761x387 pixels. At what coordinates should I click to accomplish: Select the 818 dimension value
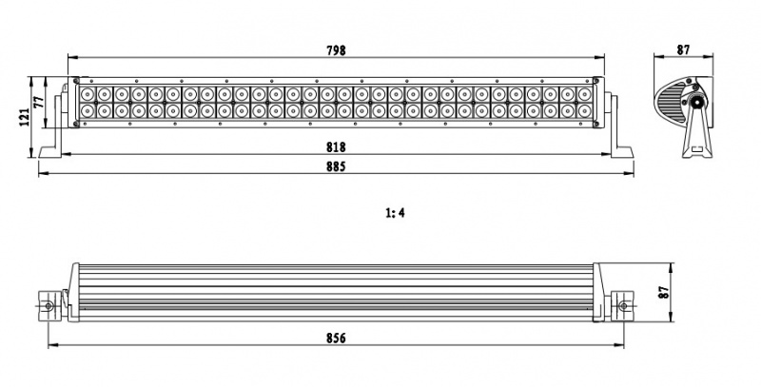click(x=336, y=147)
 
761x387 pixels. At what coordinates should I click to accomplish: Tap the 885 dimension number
click(x=336, y=166)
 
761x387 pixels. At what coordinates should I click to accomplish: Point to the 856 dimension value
click(x=336, y=338)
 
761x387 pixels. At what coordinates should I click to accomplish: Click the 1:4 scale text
click(x=396, y=213)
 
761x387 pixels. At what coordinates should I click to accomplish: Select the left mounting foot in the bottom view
click(x=48, y=304)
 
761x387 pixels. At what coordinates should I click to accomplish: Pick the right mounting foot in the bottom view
click(x=624, y=305)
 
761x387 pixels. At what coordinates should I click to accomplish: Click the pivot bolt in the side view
click(x=697, y=101)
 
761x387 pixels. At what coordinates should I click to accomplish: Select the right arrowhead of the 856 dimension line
click(x=630, y=345)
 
